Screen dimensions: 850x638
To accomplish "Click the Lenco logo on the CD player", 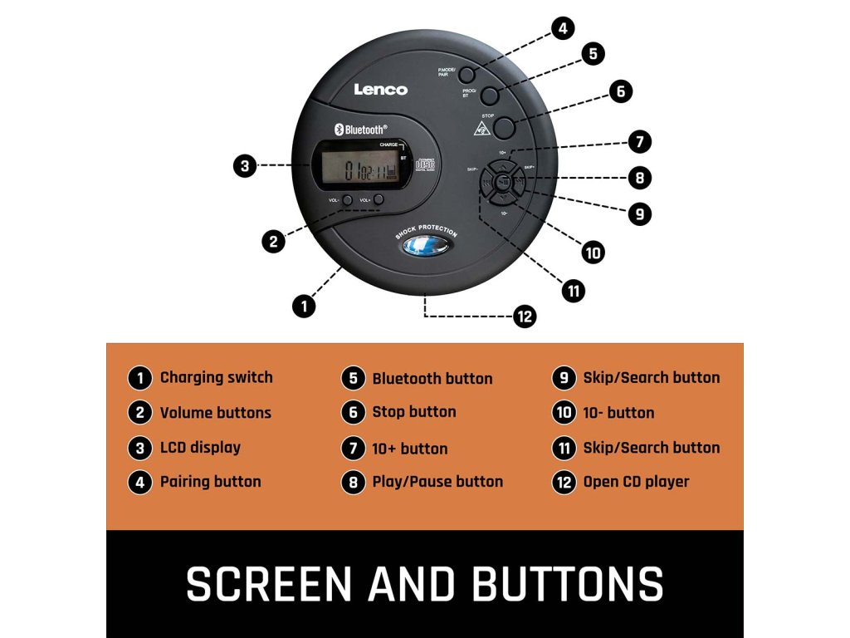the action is (x=381, y=89).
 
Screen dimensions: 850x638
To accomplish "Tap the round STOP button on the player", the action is (x=504, y=126).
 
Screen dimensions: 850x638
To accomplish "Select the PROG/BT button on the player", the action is (x=489, y=95).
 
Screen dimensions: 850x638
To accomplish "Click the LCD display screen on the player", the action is (x=359, y=171).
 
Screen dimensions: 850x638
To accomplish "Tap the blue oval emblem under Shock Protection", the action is (x=425, y=247).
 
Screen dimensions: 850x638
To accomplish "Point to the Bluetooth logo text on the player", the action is (x=360, y=130).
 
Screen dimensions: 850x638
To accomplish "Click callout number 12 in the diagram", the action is (x=524, y=316).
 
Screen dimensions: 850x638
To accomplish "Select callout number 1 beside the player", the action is (x=305, y=306).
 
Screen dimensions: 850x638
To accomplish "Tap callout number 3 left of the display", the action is (x=244, y=166).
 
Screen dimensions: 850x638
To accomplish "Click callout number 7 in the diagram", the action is (x=639, y=141).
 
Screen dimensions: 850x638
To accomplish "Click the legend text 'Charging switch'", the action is (x=216, y=377).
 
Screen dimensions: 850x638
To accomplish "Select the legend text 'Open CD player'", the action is (x=636, y=482).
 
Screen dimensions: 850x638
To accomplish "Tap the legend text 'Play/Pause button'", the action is (x=437, y=482).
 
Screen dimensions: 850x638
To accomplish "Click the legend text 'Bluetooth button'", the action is (x=432, y=379).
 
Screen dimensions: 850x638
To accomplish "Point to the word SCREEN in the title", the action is (x=271, y=583).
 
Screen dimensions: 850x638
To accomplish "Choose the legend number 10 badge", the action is (x=564, y=413).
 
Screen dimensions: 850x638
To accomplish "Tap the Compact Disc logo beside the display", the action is (x=425, y=166).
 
